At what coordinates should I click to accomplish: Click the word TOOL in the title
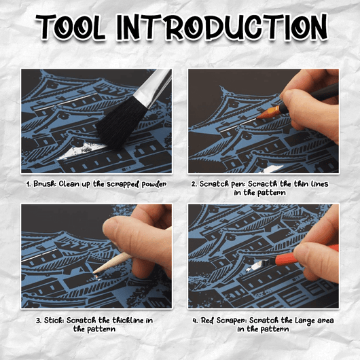tap(70, 28)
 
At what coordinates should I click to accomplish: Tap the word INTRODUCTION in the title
tap(222, 28)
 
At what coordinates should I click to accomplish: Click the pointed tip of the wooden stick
tap(94, 272)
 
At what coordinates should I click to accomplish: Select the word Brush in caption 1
tap(45, 184)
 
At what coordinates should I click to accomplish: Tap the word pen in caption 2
tap(238, 184)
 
